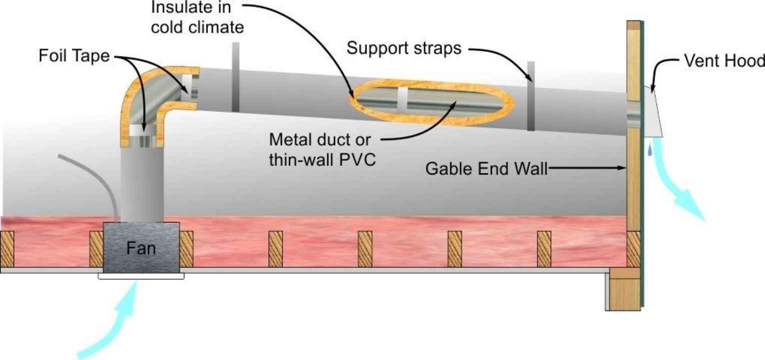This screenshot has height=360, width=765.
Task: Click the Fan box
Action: pos(141,247)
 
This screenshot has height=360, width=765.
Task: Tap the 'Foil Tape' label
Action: pos(73,56)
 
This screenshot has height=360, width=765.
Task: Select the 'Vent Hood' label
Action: pos(723,61)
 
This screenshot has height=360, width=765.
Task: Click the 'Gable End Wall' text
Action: pos(486,169)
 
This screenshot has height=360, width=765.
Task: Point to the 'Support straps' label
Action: pos(404,48)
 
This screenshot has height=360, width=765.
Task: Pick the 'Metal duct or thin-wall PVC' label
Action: pos(322,149)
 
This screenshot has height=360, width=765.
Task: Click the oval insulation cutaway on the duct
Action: pos(432,102)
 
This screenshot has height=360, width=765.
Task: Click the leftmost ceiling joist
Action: pos(8,248)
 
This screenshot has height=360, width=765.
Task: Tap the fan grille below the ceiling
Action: pos(141,275)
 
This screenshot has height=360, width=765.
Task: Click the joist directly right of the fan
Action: pos(186,248)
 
